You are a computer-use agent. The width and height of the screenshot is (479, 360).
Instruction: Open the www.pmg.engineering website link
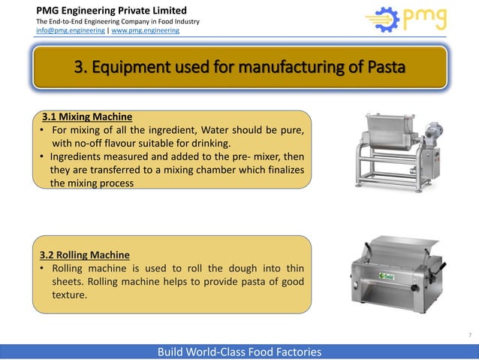tap(146, 31)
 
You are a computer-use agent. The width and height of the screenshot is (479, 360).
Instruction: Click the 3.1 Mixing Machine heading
tap(87, 117)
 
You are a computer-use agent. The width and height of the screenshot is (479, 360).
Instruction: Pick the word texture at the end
tap(69, 295)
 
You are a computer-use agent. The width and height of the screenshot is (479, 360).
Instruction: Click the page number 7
tap(469, 334)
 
